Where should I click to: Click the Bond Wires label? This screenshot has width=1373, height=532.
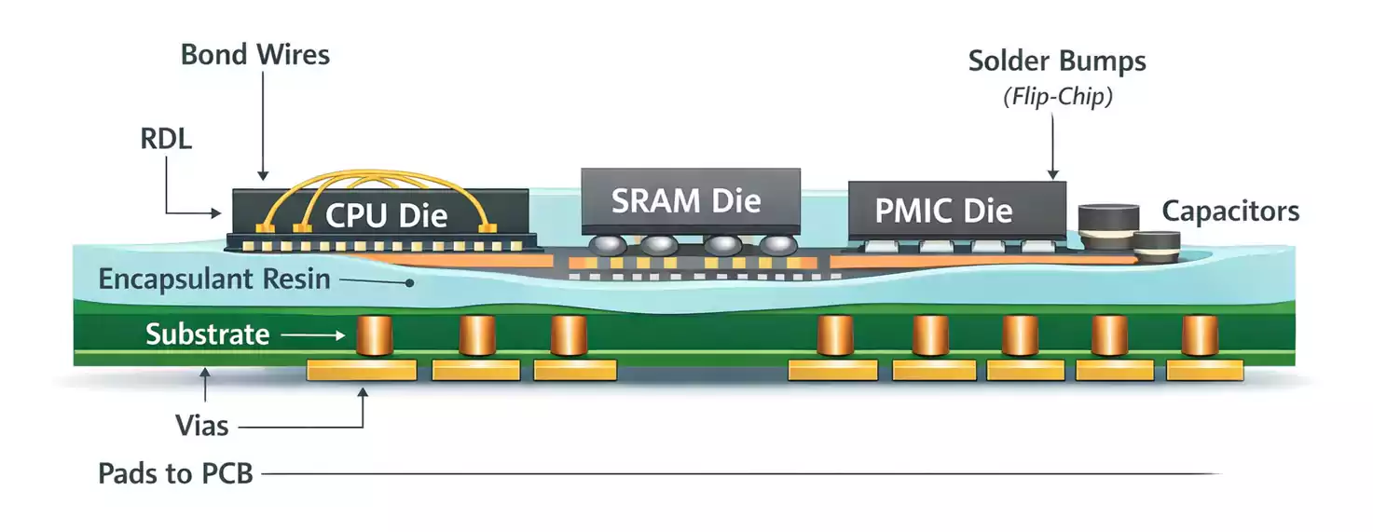254,55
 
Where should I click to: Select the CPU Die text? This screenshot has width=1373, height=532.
386,216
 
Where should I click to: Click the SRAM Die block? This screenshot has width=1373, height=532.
690,200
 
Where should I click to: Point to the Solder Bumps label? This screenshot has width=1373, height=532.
1057,61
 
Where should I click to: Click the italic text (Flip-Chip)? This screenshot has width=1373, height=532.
1057,97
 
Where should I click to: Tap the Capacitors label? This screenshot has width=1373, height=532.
1230,211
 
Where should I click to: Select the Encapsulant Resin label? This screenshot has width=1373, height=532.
214,279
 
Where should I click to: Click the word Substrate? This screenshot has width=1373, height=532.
207,334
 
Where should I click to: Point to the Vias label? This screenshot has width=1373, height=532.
201,426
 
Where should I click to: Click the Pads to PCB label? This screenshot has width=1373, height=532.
175,473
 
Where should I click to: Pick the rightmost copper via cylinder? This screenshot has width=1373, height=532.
1200,335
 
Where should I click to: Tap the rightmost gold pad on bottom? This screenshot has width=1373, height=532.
1205,371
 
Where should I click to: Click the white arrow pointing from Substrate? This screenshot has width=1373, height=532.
311,334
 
